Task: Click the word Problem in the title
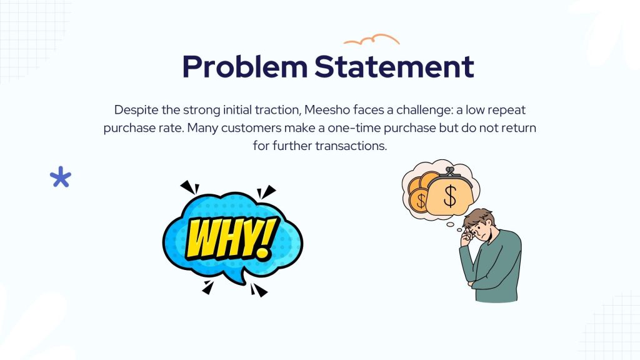tap(244, 67)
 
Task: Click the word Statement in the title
tap(394, 66)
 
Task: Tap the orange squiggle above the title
tap(371, 39)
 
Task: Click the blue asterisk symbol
tap(61, 177)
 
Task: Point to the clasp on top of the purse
tap(450, 171)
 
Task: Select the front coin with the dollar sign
tap(419, 201)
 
